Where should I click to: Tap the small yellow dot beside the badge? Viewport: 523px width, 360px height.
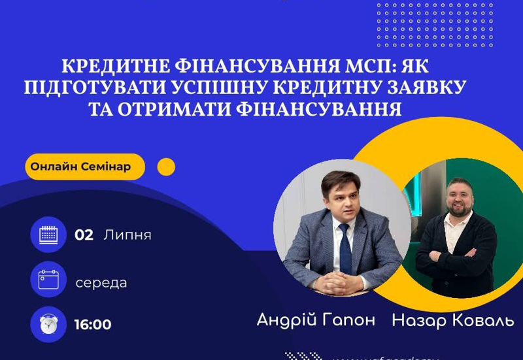pyautogui.click(x=167, y=167)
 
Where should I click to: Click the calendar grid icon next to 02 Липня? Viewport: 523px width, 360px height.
pyautogui.click(x=48, y=235)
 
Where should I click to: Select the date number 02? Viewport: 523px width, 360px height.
pyautogui.click(x=84, y=235)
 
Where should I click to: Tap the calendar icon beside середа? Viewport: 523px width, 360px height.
pyautogui.click(x=48, y=280)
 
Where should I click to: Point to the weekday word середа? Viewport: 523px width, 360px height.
pyautogui.click(x=101, y=283)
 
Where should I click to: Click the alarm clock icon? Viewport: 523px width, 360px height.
pyautogui.click(x=48, y=324)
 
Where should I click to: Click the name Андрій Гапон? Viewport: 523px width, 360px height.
pyautogui.click(x=316, y=320)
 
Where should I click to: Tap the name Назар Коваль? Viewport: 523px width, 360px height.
pyautogui.click(x=452, y=320)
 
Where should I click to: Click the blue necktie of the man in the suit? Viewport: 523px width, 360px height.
pyautogui.click(x=345, y=248)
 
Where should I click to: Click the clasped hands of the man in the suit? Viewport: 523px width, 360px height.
pyautogui.click(x=337, y=283)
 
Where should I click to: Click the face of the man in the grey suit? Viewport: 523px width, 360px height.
pyautogui.click(x=341, y=196)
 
